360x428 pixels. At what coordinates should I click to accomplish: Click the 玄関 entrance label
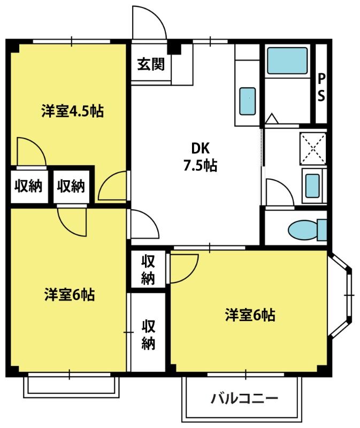point(151,64)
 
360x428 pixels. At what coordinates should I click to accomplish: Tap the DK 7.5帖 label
point(201,157)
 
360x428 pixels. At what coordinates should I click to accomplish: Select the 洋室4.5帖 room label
point(73,111)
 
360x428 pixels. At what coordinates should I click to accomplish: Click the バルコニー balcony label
point(244,399)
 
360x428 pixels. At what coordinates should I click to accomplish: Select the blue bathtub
point(287,60)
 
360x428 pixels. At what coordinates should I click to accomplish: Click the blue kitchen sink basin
point(248,101)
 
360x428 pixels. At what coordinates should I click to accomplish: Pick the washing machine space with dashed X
point(313,149)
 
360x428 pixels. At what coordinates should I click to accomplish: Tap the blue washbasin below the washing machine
point(312,186)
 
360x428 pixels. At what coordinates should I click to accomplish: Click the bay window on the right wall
point(340,295)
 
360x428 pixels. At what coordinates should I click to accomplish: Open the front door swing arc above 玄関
point(149,22)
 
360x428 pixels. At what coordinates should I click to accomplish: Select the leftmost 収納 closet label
point(28,186)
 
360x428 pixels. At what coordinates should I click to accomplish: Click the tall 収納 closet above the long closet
point(148,270)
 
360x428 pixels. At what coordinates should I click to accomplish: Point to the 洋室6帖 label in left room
point(70,295)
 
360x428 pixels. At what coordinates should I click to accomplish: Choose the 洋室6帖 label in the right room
point(250,315)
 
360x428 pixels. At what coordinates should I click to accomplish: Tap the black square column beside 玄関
point(174,48)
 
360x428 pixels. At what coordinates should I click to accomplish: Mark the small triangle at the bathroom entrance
point(272,118)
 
